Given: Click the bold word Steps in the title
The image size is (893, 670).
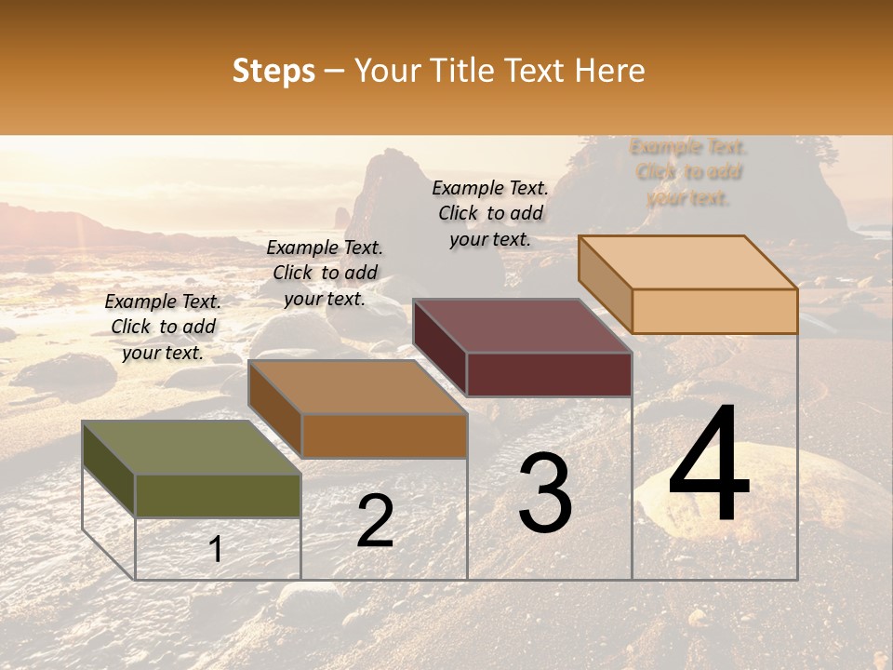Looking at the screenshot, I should pos(273,71).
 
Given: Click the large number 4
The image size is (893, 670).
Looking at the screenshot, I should pos(709,465).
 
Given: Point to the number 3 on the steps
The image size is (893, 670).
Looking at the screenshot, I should pos(544,493).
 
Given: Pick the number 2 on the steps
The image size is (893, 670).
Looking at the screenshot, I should pos(375,521).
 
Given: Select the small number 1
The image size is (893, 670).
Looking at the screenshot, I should pos(216,549).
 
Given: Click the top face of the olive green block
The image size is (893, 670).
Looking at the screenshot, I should pos(192,448).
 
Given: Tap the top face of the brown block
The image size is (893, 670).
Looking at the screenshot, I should pos(357,386).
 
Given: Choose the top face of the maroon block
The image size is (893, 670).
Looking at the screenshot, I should pos(523,326).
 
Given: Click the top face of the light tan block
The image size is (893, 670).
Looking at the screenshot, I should pos(688,262).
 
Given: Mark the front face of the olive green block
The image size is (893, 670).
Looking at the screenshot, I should pos(219,495).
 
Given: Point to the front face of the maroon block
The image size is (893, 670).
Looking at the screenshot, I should pos(549,374).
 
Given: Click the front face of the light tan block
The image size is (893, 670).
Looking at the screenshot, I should pos(714,311).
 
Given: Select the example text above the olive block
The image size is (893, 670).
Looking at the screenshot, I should pos(163,328).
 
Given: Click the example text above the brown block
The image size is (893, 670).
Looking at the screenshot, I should pos(325,273).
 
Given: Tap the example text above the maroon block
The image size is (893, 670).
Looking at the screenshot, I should pos(490,213).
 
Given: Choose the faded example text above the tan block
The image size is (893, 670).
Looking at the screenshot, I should pos(688,172).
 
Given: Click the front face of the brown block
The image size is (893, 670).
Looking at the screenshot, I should pos(384,435).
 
